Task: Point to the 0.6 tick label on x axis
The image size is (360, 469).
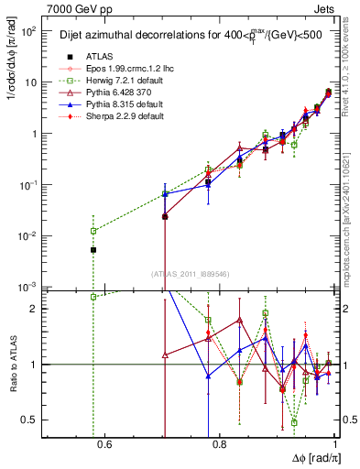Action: (104, 446)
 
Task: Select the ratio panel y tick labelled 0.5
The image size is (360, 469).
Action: (31, 420)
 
